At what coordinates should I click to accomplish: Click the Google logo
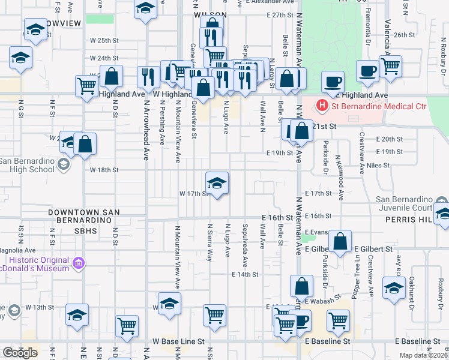click(x=20, y=353)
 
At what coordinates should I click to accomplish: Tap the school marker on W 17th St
click(x=217, y=182)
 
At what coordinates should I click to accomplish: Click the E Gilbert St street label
click(x=373, y=248)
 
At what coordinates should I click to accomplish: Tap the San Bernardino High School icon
click(x=62, y=164)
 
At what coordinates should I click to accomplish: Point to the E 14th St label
click(x=246, y=274)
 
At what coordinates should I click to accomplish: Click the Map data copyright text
click(x=423, y=355)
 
